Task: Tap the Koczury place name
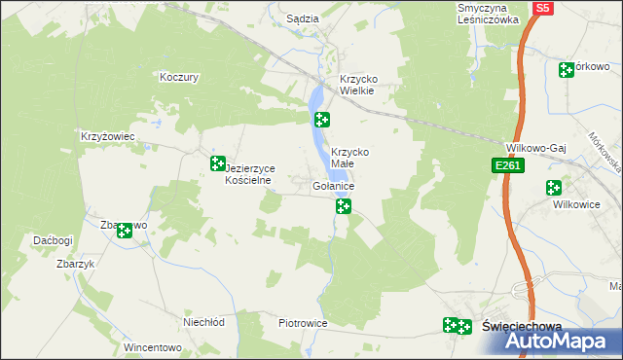click(x=179, y=77)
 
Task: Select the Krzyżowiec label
click(x=107, y=137)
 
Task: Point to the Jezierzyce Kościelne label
click(x=251, y=174)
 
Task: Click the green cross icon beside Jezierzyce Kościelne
click(x=219, y=164)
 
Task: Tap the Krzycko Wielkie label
click(x=356, y=86)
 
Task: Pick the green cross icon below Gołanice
click(x=343, y=205)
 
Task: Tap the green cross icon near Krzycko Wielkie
click(x=321, y=120)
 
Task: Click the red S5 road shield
click(x=542, y=9)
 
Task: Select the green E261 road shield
click(x=509, y=166)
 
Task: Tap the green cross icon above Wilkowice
click(x=554, y=188)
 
